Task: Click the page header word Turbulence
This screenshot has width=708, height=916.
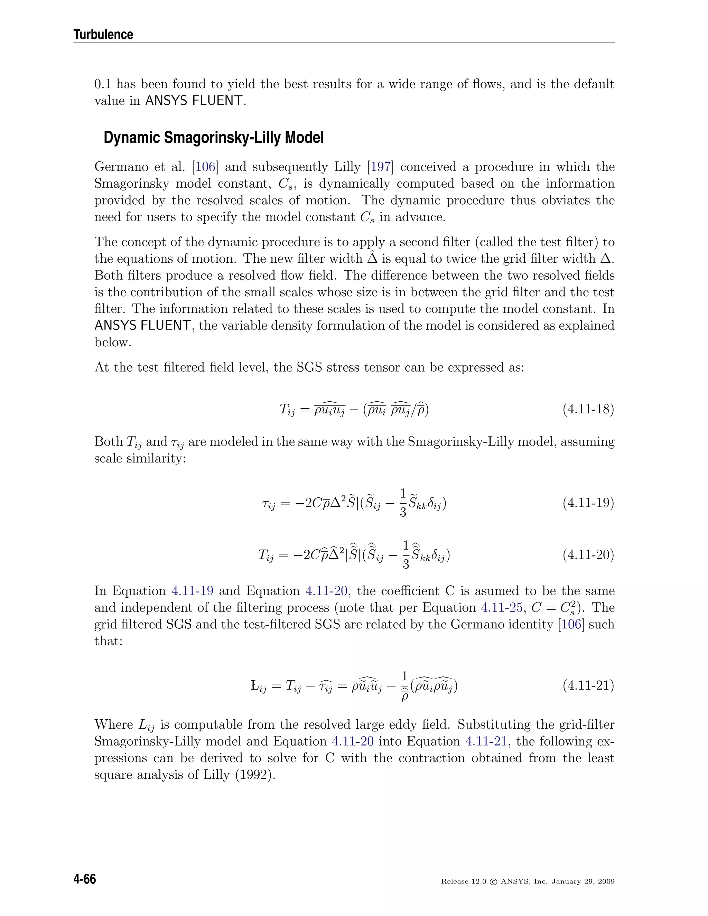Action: pos(103,34)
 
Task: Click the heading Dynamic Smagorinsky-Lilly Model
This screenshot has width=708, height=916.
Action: pos(214,138)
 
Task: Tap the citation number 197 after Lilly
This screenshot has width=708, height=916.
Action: pos(380,167)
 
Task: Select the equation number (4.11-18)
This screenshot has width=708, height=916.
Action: pos(588,409)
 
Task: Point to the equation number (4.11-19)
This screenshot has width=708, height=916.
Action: pos(588,503)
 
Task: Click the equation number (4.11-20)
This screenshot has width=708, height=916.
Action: pos(588,555)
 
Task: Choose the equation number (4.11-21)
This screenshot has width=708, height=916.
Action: pos(588,685)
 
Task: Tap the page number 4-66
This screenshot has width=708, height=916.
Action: pos(85,879)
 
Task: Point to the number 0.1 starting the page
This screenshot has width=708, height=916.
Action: pos(102,84)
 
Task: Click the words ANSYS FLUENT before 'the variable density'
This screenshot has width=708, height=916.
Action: pos(143,326)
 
